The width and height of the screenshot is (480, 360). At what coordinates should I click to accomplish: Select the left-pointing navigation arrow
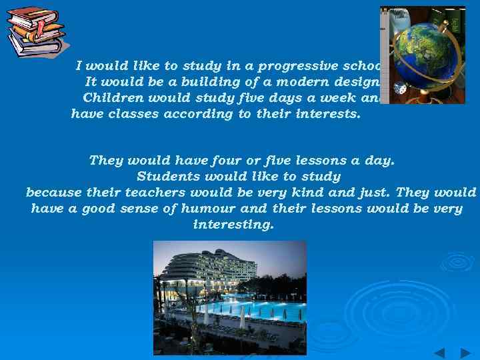point(440,353)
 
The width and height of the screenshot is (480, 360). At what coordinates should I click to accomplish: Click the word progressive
point(297,65)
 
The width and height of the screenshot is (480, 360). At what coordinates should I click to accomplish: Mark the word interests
point(328,114)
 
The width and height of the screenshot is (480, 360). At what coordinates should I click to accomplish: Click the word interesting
point(233,225)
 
